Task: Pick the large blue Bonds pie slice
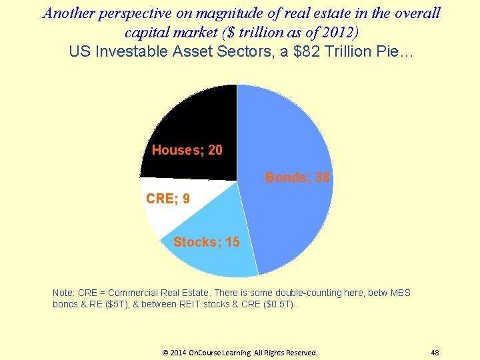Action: click(287, 147)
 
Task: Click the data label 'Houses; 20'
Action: click(187, 150)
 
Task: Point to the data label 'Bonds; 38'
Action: click(297, 177)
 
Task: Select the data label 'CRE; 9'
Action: click(167, 199)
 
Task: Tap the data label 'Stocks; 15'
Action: click(206, 242)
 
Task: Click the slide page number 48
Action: click(435, 353)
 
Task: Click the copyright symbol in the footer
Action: click(166, 353)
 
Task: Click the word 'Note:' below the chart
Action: click(63, 293)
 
